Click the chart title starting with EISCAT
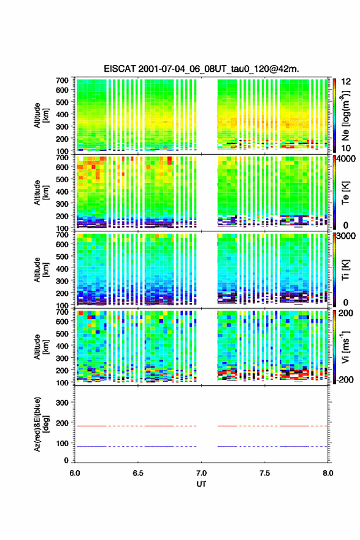[x=201, y=69]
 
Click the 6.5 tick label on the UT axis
[x=138, y=473]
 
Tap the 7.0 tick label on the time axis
[x=201, y=473]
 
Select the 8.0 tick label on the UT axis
[x=328, y=473]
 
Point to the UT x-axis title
[x=201, y=484]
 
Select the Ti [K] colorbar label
[x=345, y=270]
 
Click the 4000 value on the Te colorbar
[x=346, y=159]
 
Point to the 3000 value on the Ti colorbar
[x=346, y=236]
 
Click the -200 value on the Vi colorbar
[x=345, y=379]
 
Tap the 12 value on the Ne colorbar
[x=346, y=82]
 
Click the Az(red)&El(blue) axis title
[x=41, y=424]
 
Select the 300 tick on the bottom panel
[x=62, y=403]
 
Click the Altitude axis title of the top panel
[x=41, y=115]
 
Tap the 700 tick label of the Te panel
[x=62, y=157]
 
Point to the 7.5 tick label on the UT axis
[x=265, y=473]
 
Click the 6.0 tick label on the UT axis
[x=75, y=473]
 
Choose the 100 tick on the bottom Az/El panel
[x=62, y=443]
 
